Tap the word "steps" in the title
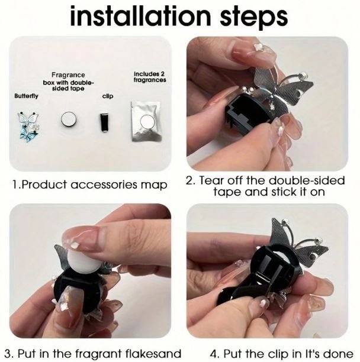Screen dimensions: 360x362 pos(253,18)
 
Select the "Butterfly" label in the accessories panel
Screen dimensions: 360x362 pos(26,96)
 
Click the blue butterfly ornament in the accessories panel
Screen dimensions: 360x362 pos(28,127)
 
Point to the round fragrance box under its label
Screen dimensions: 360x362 pos(69,119)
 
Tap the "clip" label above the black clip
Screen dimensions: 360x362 pos(108,96)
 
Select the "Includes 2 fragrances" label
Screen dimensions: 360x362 pos(150,77)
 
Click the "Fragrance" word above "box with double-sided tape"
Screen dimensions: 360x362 pos(68,75)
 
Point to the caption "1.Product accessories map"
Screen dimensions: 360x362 pos(90,185)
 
